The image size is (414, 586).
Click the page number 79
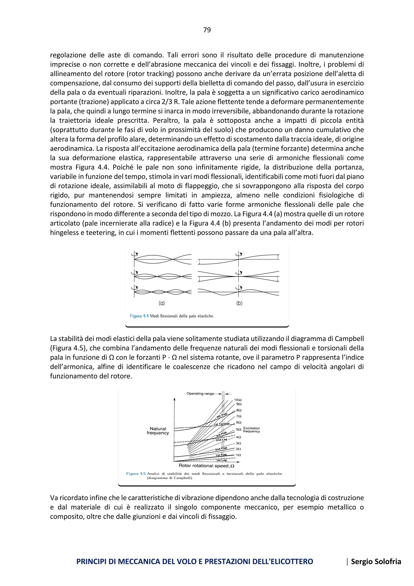[207, 30]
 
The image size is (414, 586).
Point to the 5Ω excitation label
[238, 430]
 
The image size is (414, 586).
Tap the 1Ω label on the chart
[238, 455]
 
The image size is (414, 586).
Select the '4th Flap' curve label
[222, 415]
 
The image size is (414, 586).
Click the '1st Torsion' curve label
[222, 424]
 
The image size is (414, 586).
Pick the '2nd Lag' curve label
[221, 440]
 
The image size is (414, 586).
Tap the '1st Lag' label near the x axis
[221, 460]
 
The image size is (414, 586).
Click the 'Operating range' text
[200, 394]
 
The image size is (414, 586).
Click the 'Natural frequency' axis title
[158, 431]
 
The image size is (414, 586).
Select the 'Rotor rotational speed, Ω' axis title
[206, 466]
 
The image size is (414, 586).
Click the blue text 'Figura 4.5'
[136, 474]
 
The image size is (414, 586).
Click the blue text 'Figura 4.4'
[139, 316]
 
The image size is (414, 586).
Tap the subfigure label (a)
[162, 303]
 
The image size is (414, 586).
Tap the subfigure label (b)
[239, 303]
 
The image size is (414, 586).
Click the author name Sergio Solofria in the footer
[376, 562]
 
